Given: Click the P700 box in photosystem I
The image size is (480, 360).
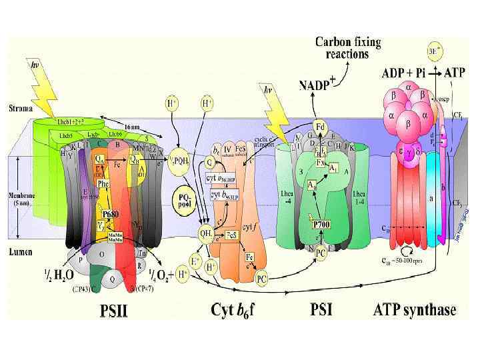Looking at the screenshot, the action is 322,225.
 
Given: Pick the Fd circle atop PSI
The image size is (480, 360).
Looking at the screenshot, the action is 320,126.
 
